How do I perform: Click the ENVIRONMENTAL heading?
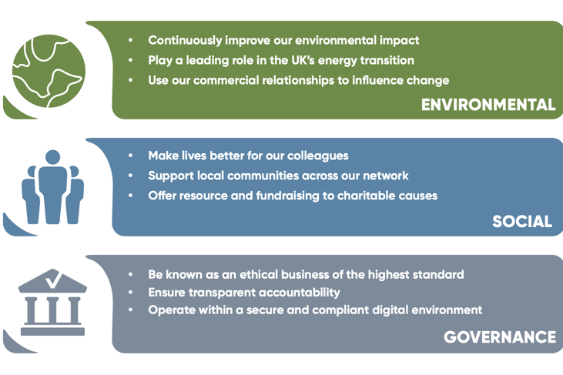(488, 105)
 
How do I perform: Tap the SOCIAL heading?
(522, 222)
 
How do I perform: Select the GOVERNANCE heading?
(499, 337)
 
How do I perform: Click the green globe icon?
(48, 72)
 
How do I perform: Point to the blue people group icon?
(52, 188)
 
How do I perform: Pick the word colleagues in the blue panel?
(317, 156)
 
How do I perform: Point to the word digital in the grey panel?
(374, 310)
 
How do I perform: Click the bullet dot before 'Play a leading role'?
(131, 60)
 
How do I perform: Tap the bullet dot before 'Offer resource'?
(131, 196)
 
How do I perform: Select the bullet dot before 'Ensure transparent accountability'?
(131, 293)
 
